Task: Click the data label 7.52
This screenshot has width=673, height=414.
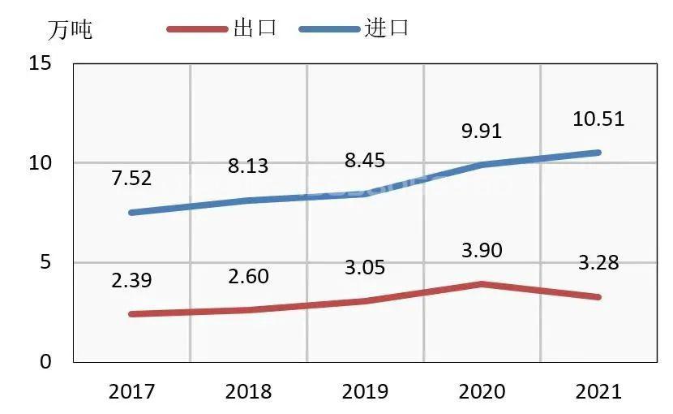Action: [x=131, y=179]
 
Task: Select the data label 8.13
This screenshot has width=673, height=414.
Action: [x=247, y=166]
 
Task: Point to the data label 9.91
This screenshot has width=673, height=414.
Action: [x=481, y=132]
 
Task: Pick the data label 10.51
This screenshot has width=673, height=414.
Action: [x=598, y=119]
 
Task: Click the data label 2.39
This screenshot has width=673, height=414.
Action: [x=131, y=280]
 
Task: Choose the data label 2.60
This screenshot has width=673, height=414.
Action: [x=247, y=276]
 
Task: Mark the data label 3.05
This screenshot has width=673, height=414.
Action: [x=364, y=267]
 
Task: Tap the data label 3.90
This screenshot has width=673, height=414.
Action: [x=481, y=250]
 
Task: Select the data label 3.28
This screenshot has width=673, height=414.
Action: [x=598, y=263]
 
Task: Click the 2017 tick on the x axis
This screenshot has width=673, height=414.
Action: [x=131, y=392]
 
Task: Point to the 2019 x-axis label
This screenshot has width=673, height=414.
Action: [x=365, y=392]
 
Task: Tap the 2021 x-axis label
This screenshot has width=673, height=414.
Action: [x=598, y=392]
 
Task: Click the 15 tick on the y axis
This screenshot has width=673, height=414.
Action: [x=40, y=63]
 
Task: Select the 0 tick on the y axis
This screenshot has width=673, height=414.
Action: [x=45, y=362]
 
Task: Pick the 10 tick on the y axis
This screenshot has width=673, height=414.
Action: [x=40, y=163]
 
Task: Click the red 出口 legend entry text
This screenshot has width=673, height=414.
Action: [x=255, y=28]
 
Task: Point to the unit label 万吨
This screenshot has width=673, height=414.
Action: [x=70, y=30]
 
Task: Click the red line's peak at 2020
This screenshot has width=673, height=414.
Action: [x=482, y=284]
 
